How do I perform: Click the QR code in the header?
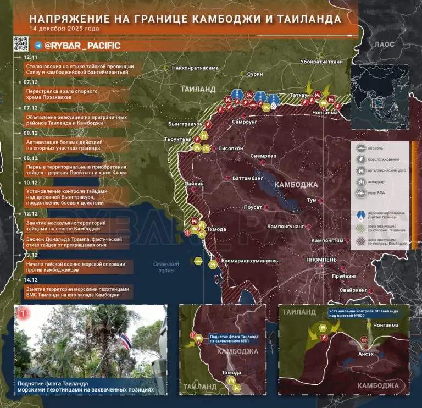coord(20,43)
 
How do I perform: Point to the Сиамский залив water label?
coord(165,267)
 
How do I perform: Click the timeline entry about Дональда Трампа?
coord(77,242)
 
